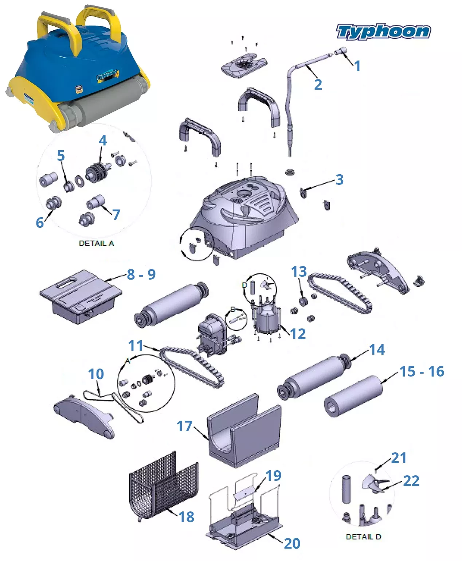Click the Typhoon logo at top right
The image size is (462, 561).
(383, 32)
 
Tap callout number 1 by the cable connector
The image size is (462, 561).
(357, 66)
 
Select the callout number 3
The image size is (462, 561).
(339, 179)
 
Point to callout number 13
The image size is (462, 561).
(299, 272)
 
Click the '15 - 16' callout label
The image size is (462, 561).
(422, 371)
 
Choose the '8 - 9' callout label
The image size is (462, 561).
(141, 274)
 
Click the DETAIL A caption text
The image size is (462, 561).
(96, 243)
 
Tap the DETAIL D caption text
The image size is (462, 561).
(363, 537)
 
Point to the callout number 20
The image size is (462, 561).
(292, 544)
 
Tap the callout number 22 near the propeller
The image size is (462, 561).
(411, 481)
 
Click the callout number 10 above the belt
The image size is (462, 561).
(96, 374)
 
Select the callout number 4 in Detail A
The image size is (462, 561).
(103, 140)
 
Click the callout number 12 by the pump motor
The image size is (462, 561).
(298, 334)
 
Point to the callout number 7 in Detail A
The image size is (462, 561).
(116, 214)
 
